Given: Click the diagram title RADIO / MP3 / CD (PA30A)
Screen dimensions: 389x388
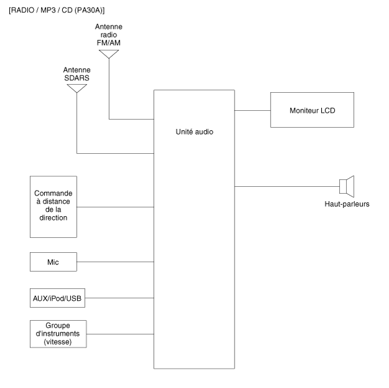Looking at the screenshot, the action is point(57,11).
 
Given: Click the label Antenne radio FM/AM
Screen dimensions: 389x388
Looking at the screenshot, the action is point(109,35).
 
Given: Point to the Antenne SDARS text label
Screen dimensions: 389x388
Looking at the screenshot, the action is point(77,74).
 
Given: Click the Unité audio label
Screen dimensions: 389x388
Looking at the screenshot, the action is point(194,132).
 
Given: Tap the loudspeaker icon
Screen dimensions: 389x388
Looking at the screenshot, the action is point(347,186).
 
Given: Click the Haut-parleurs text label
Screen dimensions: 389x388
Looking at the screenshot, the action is point(347,204).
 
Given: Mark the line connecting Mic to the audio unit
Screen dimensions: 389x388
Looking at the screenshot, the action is point(115,262).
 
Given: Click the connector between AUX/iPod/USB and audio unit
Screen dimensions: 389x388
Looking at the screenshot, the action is point(120,298).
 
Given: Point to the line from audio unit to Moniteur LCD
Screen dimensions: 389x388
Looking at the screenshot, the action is point(252,110).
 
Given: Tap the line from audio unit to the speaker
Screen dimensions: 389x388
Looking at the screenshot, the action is point(287,186).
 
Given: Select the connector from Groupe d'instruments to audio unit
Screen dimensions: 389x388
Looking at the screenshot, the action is point(120,334).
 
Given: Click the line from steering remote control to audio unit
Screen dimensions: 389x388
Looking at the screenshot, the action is point(115,207).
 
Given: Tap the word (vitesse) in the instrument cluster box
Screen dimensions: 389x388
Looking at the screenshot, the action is point(58,342).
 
